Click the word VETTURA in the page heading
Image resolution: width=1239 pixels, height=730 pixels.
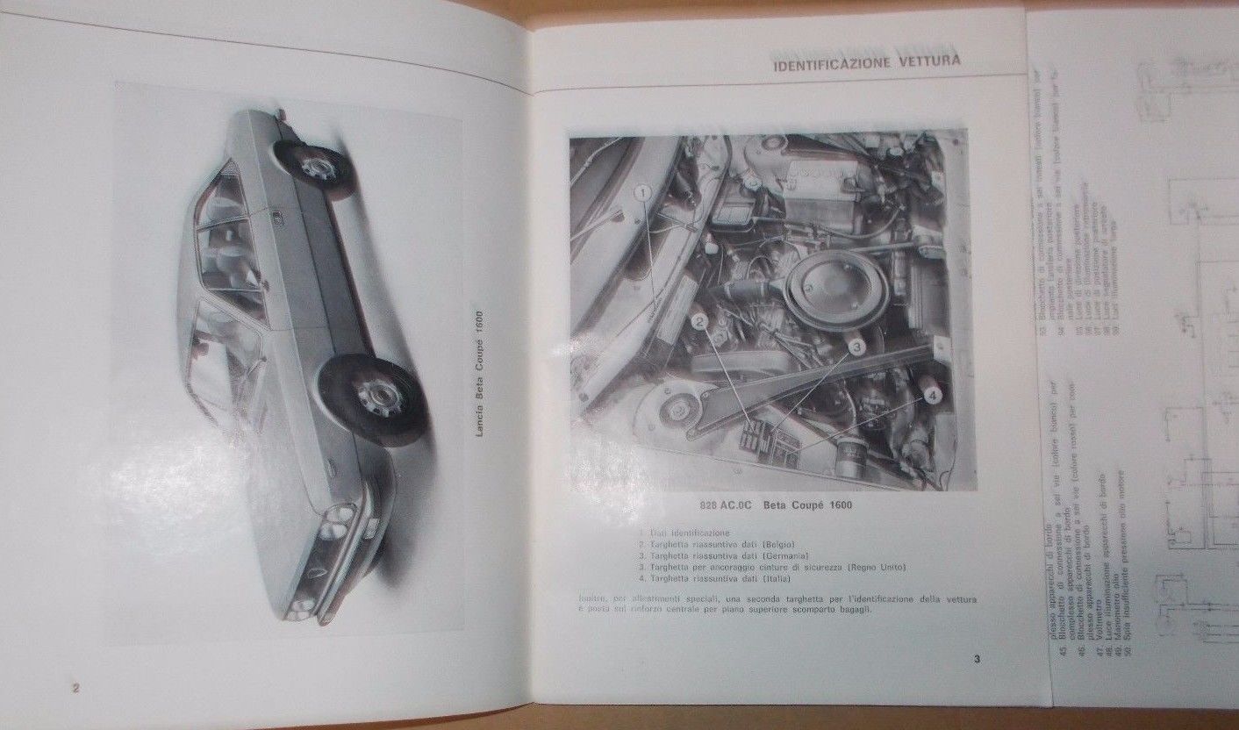[x=927, y=61]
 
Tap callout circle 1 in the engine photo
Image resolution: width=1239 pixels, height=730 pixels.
[x=641, y=190]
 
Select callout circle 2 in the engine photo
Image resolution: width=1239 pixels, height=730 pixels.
[x=698, y=322]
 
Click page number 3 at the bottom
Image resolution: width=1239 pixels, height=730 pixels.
[x=977, y=660]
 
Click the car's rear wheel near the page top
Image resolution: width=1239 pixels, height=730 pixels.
[x=314, y=167]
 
